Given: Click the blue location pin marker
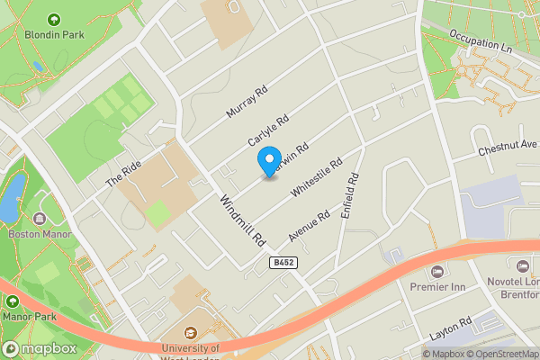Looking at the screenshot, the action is coord(268,161).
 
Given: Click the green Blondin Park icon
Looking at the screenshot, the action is coord(53,19).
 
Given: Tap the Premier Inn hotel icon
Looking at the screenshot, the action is coord(438,271).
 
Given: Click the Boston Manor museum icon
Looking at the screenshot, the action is coord(40,219).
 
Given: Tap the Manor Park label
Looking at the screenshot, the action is coord(29,317).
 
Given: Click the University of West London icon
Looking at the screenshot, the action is coord(191,333).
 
